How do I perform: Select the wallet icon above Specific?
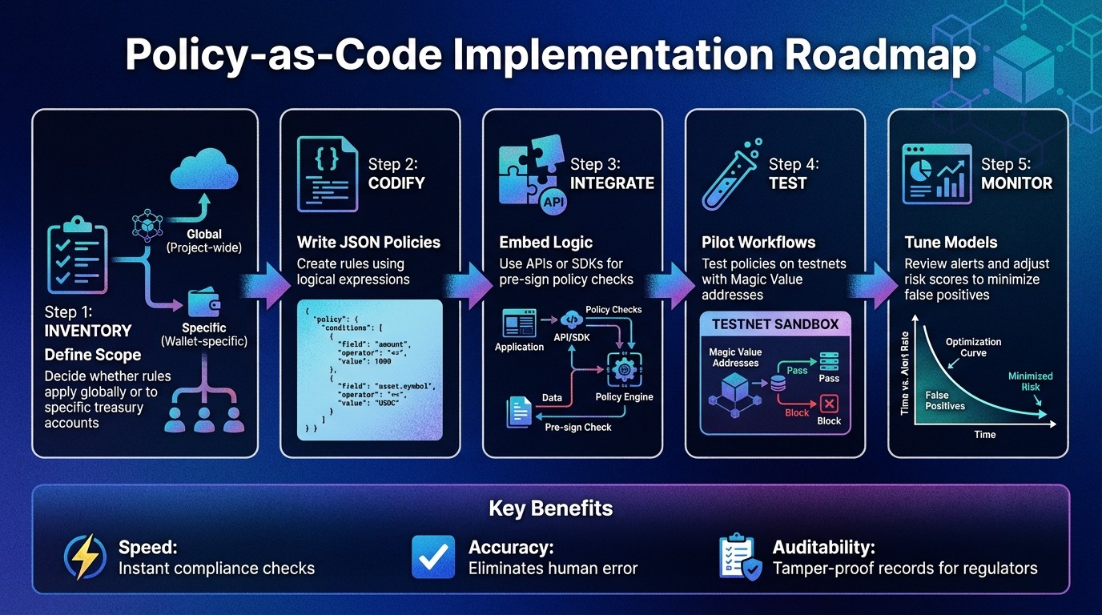tap(204, 302)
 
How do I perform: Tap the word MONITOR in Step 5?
tap(1016, 183)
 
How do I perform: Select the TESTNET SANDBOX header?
tap(774, 324)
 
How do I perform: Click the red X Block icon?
tap(829, 403)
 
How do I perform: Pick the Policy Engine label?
tap(624, 396)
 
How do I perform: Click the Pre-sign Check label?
tap(577, 427)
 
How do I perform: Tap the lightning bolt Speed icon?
tap(85, 557)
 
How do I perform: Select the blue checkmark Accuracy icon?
tap(433, 557)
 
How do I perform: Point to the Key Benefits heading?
tap(550, 508)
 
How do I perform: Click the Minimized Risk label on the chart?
tap(1030, 381)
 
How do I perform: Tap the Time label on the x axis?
tap(984, 434)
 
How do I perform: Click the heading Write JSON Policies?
tap(368, 242)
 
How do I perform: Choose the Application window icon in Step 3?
tap(518, 324)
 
